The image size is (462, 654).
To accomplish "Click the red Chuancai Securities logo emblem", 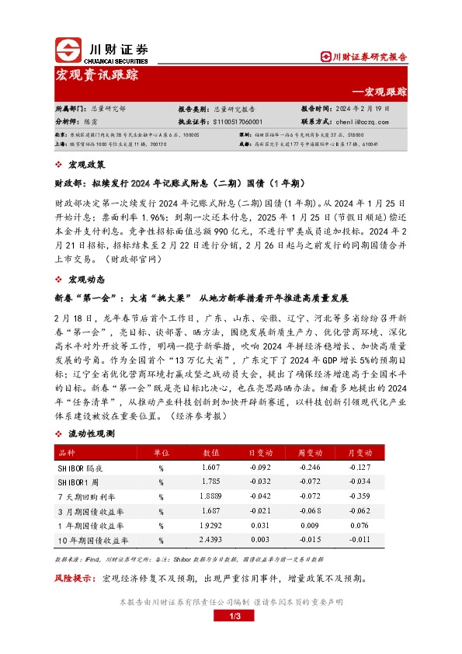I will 69,50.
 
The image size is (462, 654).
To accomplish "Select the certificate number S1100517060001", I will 241,122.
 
